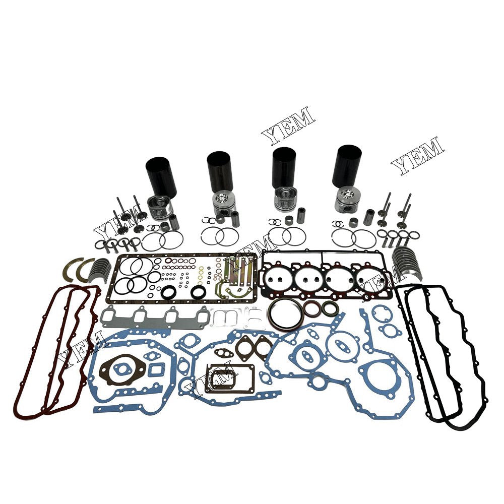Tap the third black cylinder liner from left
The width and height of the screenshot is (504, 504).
(284, 167)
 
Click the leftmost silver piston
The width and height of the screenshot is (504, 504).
(160, 207)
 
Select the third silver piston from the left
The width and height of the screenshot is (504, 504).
(285, 199)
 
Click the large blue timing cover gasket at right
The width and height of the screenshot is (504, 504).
(348, 365)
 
